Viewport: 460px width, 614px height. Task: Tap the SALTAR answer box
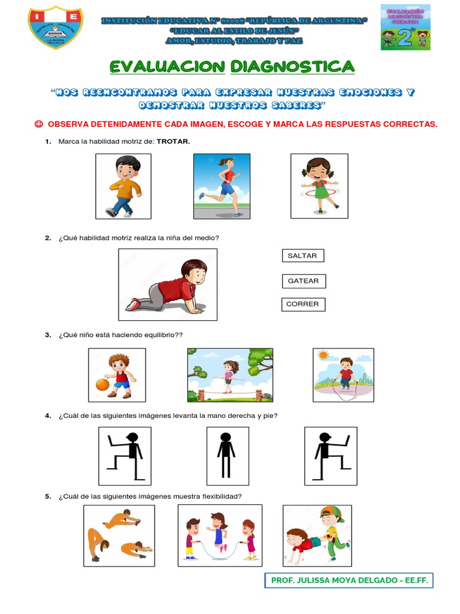point(302,256)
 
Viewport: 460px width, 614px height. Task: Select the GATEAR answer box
point(302,281)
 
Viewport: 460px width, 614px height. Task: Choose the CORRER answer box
point(302,305)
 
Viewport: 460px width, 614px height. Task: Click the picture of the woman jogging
point(222,186)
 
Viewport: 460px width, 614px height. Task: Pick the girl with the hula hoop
point(319,186)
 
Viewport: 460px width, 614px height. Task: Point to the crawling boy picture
point(168,285)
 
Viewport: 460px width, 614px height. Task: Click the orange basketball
point(102,384)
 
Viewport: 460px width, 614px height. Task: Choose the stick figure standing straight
point(227,456)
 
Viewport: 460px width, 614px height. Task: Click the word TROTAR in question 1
point(173,142)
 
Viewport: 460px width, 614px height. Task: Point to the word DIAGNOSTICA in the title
point(292,66)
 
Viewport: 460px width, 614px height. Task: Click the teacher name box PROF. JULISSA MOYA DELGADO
point(349,581)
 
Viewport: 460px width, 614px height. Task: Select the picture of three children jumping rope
point(220,535)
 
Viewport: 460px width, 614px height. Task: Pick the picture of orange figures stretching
point(119,535)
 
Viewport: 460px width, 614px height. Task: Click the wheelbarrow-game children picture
point(317,535)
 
